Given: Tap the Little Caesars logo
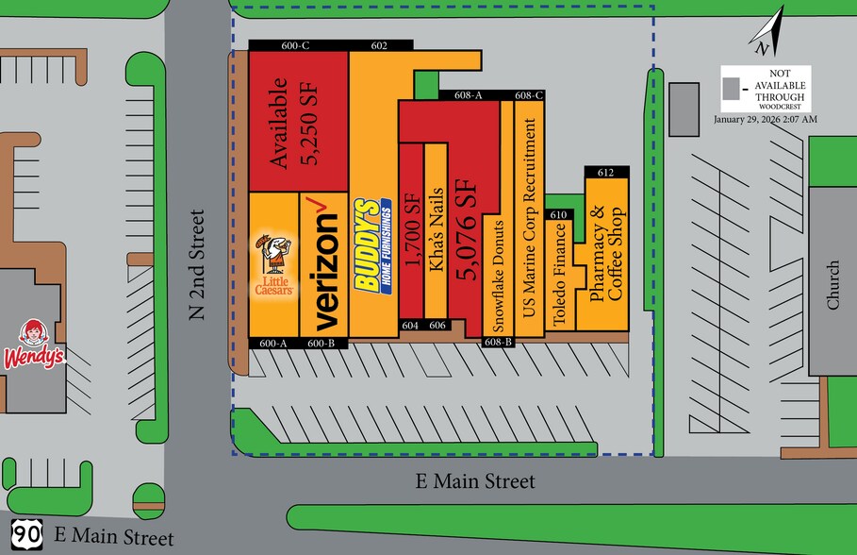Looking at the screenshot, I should point(274,265).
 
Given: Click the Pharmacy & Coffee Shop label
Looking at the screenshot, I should point(607,255).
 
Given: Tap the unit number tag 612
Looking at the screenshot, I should point(605,172).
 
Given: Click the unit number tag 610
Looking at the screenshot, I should point(559,215).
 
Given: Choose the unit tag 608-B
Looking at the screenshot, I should point(498,342).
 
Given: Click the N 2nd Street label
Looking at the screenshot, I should point(196,265).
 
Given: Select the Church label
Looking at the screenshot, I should point(832,285).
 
